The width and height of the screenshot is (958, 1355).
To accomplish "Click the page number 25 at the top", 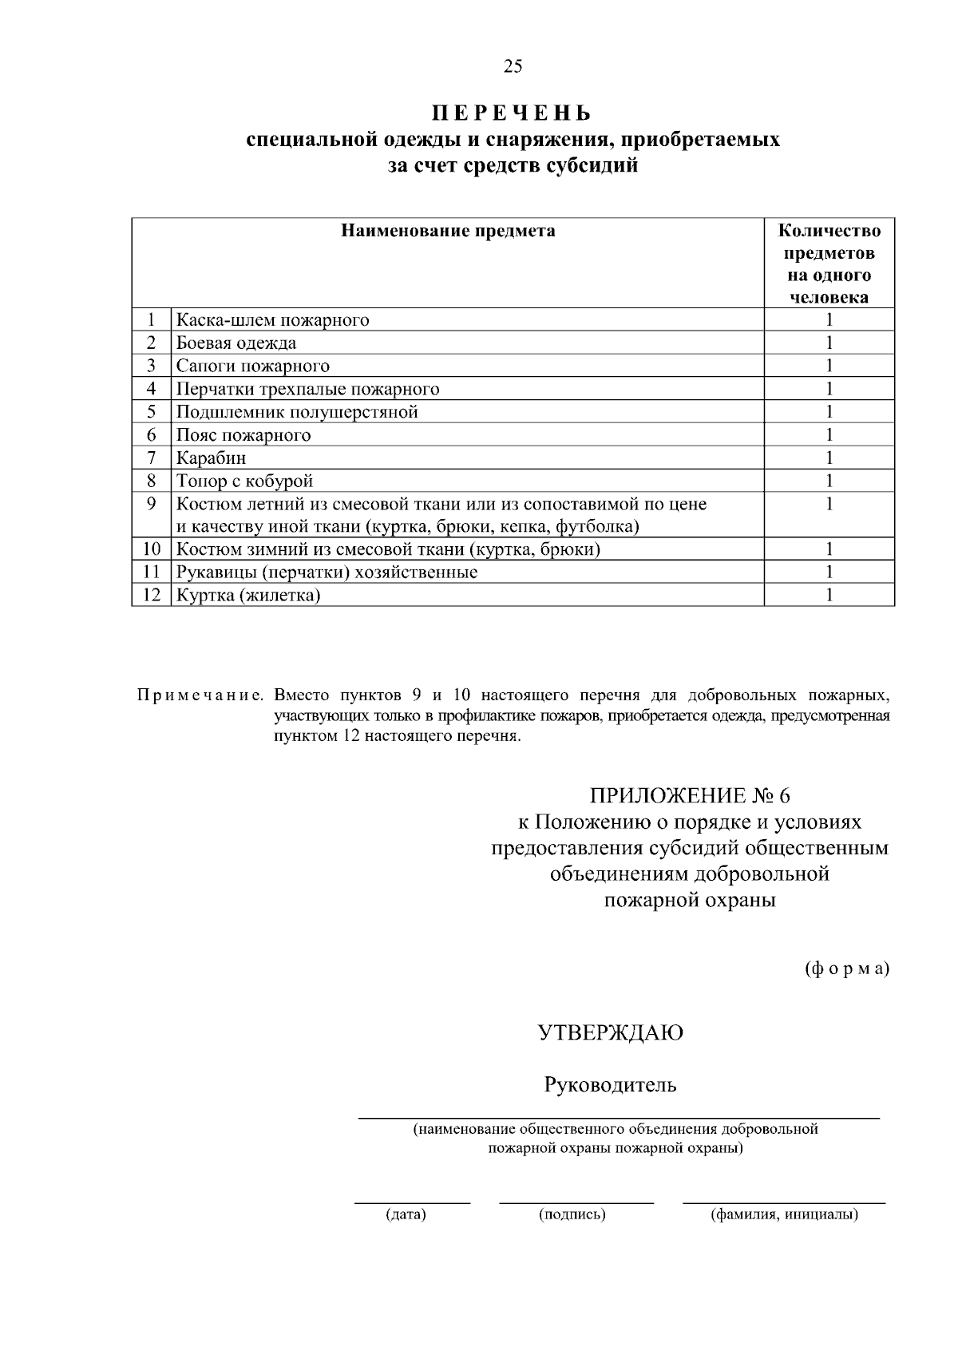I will (x=513, y=66).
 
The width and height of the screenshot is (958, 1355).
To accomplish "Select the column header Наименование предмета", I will (x=448, y=232).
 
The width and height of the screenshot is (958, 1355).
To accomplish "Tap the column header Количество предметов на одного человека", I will (x=829, y=264).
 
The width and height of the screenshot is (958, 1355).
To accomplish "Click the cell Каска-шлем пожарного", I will (x=272, y=321).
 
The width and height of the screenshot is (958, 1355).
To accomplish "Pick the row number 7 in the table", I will (x=151, y=458).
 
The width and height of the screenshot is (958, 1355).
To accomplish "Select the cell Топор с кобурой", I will (x=244, y=481).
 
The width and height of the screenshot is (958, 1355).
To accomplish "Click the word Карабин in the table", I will (x=211, y=458).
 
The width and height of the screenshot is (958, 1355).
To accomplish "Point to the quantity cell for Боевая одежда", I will (x=829, y=343).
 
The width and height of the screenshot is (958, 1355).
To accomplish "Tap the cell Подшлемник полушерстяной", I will (x=297, y=412).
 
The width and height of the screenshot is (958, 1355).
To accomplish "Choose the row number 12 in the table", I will (x=151, y=596).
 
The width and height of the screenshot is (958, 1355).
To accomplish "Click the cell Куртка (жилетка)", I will (x=248, y=596).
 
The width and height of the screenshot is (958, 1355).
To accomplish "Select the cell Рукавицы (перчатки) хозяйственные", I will (x=327, y=573).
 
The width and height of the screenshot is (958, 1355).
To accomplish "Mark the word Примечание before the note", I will (x=200, y=695).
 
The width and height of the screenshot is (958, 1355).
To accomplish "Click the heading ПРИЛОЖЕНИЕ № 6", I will (x=689, y=796).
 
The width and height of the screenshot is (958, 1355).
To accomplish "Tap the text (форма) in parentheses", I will (x=846, y=969).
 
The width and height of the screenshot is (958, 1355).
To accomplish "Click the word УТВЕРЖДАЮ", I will (x=611, y=1033).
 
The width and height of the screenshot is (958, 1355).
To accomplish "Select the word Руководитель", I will (x=611, y=1085).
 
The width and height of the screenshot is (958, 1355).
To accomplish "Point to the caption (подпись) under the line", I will (x=573, y=1215).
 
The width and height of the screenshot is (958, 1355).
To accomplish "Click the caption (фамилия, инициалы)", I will (x=784, y=1215).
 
